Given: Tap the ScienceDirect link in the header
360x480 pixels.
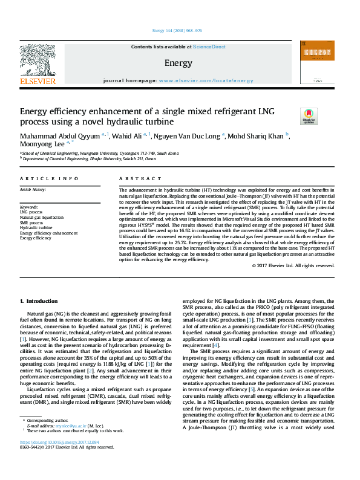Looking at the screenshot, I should click(x=209, y=47).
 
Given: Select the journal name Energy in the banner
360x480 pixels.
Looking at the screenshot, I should click(x=178, y=62).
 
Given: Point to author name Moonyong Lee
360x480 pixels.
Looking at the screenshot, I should click(x=42, y=144).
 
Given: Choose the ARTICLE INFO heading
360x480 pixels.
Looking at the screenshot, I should click(x=50, y=179).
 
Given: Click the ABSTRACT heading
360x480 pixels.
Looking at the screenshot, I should click(x=136, y=179).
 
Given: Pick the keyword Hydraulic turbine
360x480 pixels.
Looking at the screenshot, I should click(x=38, y=227).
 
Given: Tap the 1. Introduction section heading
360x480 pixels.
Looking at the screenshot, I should click(x=38, y=300).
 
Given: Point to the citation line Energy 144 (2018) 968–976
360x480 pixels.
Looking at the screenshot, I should click(x=179, y=31).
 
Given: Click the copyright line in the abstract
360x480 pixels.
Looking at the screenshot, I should click(x=292, y=265).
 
